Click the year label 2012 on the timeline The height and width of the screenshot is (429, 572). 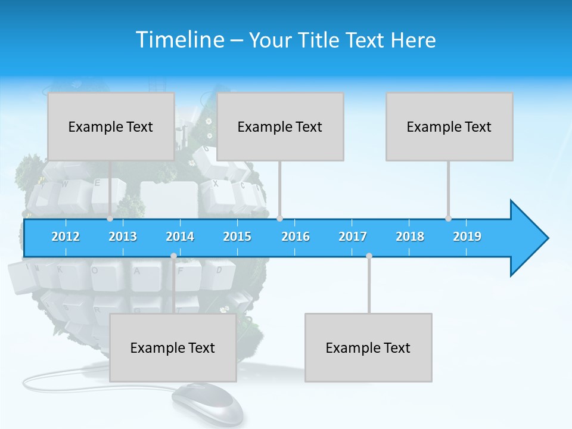pyautogui.click(x=66, y=237)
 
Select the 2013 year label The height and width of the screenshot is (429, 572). pyautogui.click(x=123, y=237)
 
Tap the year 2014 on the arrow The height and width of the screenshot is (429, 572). pyautogui.click(x=180, y=237)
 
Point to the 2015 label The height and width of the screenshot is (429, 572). pyautogui.click(x=237, y=237)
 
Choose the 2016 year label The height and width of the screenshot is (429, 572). pyautogui.click(x=296, y=237)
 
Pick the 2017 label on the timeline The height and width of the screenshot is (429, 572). pyautogui.click(x=353, y=237)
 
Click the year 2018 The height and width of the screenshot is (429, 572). pyautogui.click(x=410, y=237)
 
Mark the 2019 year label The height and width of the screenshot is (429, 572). pyautogui.click(x=467, y=237)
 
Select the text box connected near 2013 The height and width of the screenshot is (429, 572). pyautogui.click(x=111, y=126)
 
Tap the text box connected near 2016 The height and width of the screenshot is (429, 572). pyautogui.click(x=280, y=126)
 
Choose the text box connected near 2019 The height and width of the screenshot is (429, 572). pyautogui.click(x=449, y=126)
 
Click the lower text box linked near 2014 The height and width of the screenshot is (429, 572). pyautogui.click(x=173, y=347)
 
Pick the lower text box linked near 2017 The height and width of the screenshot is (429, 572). pyautogui.click(x=368, y=347)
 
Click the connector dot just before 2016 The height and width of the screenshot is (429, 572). pyautogui.click(x=280, y=219)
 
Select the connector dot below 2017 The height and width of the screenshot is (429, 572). pyautogui.click(x=369, y=256)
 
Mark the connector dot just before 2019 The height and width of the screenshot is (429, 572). pyautogui.click(x=449, y=219)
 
